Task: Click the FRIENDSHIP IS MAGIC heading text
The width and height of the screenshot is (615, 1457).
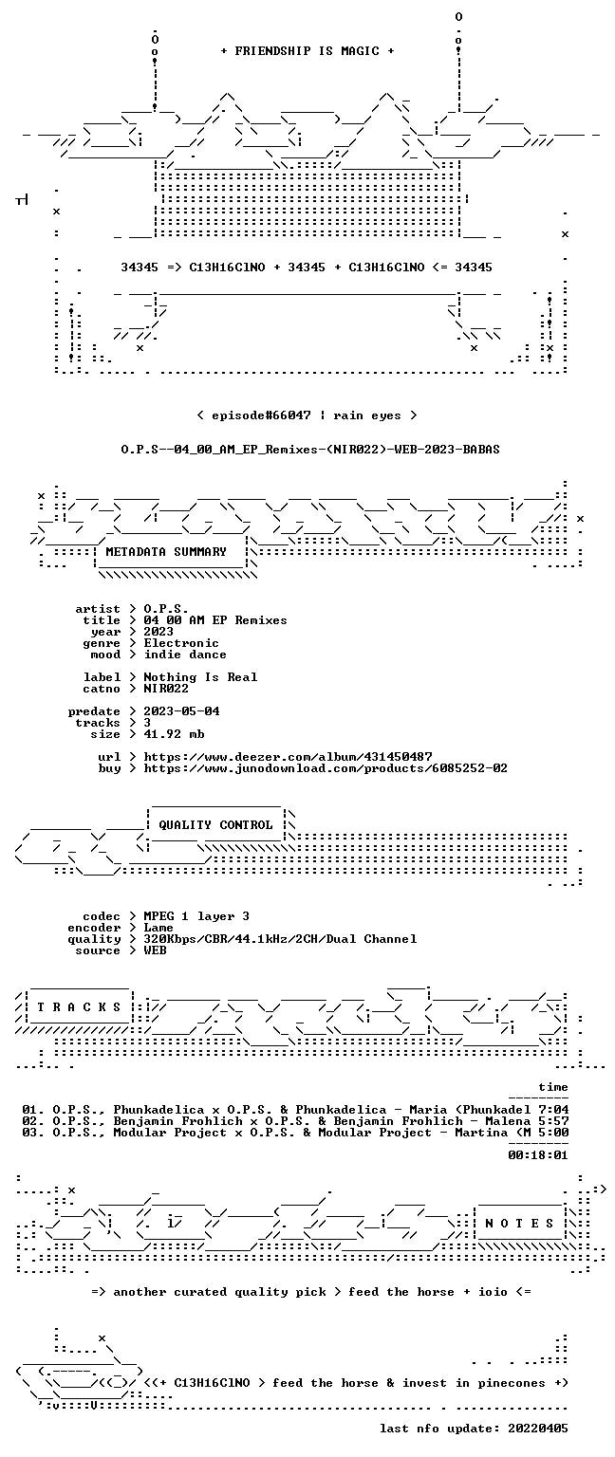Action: click(x=307, y=50)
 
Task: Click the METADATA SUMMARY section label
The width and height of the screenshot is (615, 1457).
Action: click(x=166, y=551)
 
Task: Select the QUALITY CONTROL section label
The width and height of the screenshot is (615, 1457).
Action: click(x=215, y=824)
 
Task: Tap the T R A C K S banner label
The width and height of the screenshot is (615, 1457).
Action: click(x=80, y=1007)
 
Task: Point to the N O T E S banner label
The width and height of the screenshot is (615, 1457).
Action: click(x=519, y=1224)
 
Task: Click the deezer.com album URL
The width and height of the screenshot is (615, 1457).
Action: click(x=288, y=757)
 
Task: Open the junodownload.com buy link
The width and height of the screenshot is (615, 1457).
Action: click(x=326, y=768)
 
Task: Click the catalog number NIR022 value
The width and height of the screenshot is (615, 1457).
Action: click(x=166, y=689)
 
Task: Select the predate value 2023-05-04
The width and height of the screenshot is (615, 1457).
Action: click(x=181, y=711)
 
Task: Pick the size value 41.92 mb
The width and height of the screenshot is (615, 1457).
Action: click(x=174, y=734)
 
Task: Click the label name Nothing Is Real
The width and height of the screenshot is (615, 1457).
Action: click(x=200, y=677)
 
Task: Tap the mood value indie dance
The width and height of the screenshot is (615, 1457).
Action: click(x=185, y=655)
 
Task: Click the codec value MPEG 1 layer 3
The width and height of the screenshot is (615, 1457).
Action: click(x=196, y=916)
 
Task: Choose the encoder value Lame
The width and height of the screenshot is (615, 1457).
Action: click(x=158, y=928)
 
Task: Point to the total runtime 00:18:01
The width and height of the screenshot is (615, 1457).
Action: click(x=538, y=1155)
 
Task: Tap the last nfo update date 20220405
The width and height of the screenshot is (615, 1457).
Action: click(x=538, y=1429)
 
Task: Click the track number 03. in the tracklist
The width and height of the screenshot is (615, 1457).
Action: click(x=33, y=1133)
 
